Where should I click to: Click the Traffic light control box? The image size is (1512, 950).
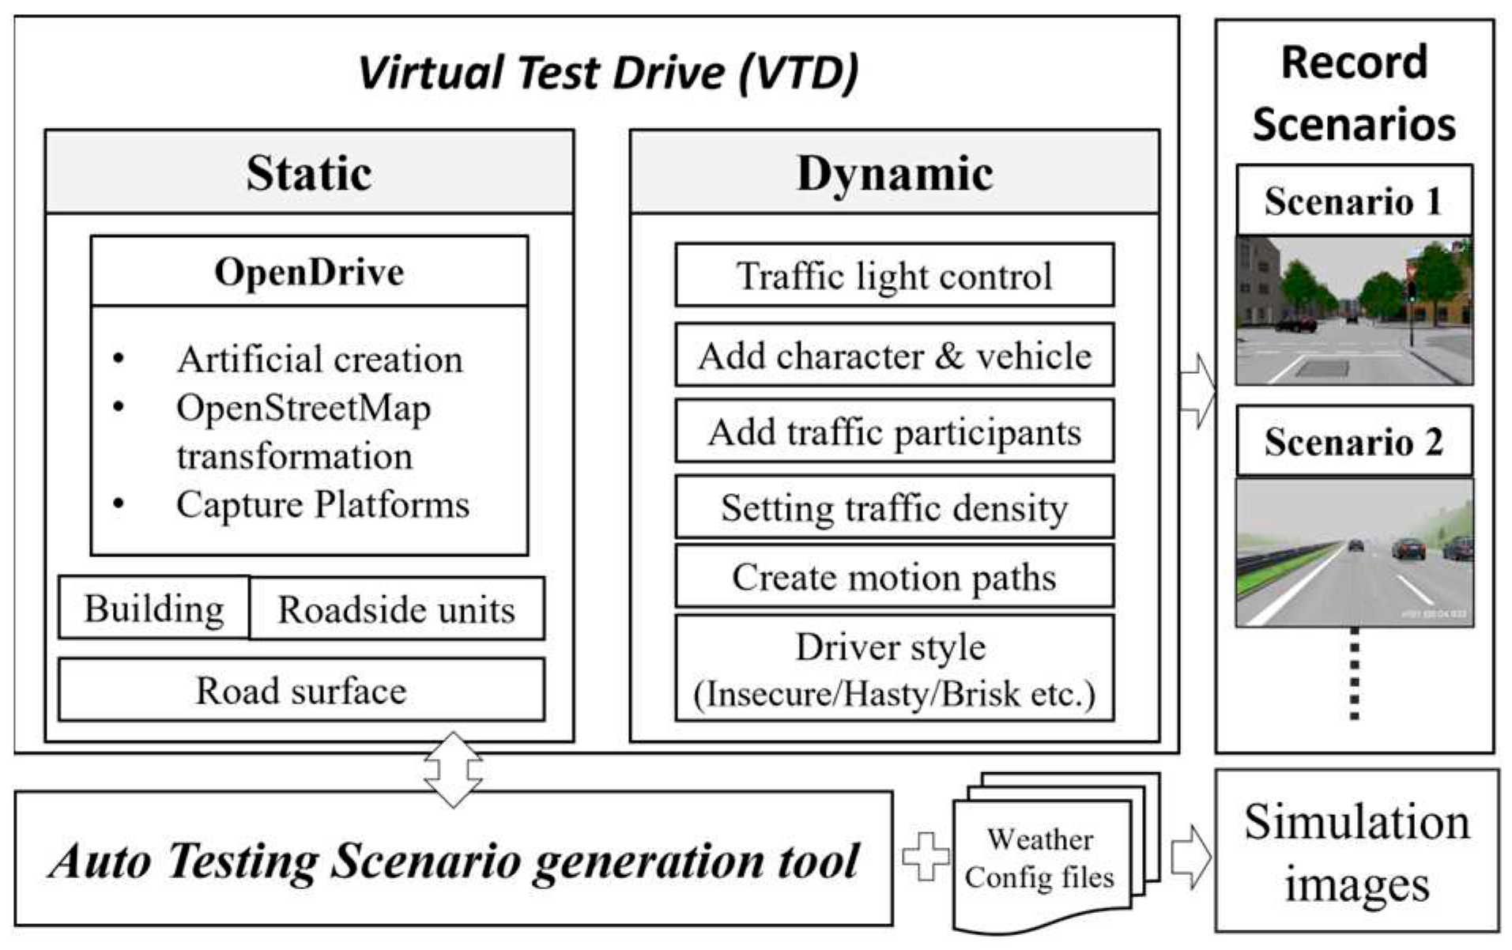[894, 275]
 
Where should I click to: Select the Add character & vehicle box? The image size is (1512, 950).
[894, 355]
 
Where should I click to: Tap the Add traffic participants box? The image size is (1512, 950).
[894, 432]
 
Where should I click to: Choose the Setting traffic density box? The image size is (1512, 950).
[894, 507]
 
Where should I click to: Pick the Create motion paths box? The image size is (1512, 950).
[894, 576]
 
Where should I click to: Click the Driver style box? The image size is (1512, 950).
[894, 669]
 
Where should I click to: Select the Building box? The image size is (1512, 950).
[154, 608]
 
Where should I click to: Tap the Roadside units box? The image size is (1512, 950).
[396, 609]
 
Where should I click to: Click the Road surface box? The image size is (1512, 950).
[301, 690]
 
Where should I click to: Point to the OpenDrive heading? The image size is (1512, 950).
[309, 271]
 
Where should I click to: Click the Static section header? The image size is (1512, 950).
[309, 172]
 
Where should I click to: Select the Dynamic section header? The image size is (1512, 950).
[895, 172]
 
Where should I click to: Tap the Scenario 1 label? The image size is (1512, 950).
[1354, 200]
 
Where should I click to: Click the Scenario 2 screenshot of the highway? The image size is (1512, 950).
[1354, 552]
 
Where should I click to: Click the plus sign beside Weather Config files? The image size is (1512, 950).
[926, 857]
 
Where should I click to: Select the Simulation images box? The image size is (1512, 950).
[1356, 851]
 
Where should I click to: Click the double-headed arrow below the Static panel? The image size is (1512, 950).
[453, 769]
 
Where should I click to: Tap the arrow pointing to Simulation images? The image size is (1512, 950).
[1190, 857]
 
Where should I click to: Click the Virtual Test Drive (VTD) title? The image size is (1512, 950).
[608, 72]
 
